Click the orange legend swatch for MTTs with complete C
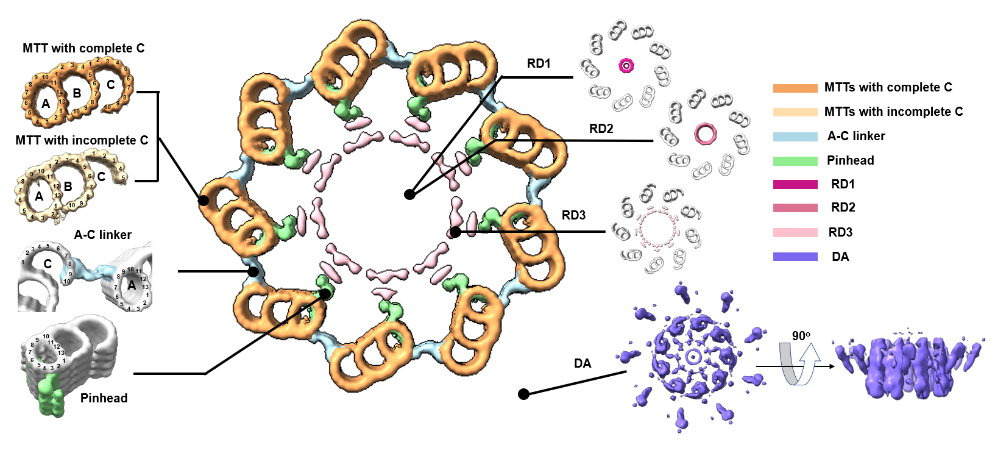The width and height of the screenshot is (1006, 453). tap(795, 88)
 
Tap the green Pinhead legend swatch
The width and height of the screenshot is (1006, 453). tap(795, 161)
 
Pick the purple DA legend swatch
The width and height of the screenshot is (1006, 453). tap(795, 257)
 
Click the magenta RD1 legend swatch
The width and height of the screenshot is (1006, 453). tap(795, 184)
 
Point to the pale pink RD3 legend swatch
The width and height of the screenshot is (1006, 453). tap(795, 232)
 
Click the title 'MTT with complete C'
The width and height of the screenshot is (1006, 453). tap(83, 48)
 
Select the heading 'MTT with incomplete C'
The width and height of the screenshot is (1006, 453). tap(82, 140)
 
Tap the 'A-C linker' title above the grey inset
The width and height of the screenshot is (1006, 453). tap(102, 235)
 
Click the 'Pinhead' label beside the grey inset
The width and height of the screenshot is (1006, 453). tap(104, 398)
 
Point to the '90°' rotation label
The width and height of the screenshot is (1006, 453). tap(801, 336)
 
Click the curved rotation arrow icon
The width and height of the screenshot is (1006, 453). tap(799, 365)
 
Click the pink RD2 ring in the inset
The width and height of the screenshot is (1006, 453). tap(705, 134)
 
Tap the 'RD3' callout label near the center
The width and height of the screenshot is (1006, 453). tap(573, 215)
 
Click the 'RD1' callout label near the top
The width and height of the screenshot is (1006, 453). tap(539, 63)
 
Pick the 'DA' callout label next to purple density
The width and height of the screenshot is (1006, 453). tap(583, 363)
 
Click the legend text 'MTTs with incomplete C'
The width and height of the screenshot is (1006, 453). tap(893, 112)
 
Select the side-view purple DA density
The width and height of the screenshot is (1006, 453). tap(908, 368)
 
